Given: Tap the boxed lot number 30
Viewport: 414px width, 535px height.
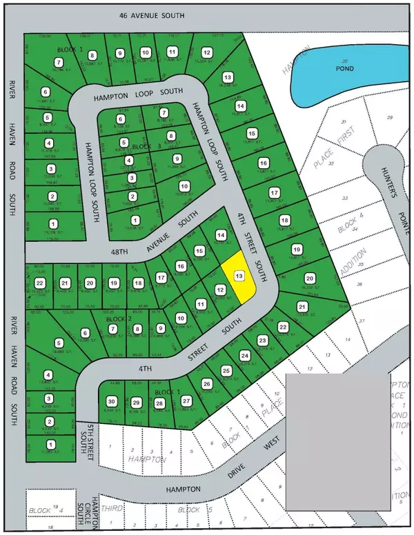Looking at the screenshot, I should coord(111,402).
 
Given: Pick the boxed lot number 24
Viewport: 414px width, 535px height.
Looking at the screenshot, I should coord(244,356).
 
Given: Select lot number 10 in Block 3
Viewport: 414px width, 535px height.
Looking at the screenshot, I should coord(184,186).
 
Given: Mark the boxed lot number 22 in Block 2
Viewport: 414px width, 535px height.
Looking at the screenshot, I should coord(40,283).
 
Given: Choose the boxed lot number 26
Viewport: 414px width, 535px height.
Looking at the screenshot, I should coord(206,383).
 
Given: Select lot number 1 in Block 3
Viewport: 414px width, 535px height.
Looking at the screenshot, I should coord(135,221).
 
